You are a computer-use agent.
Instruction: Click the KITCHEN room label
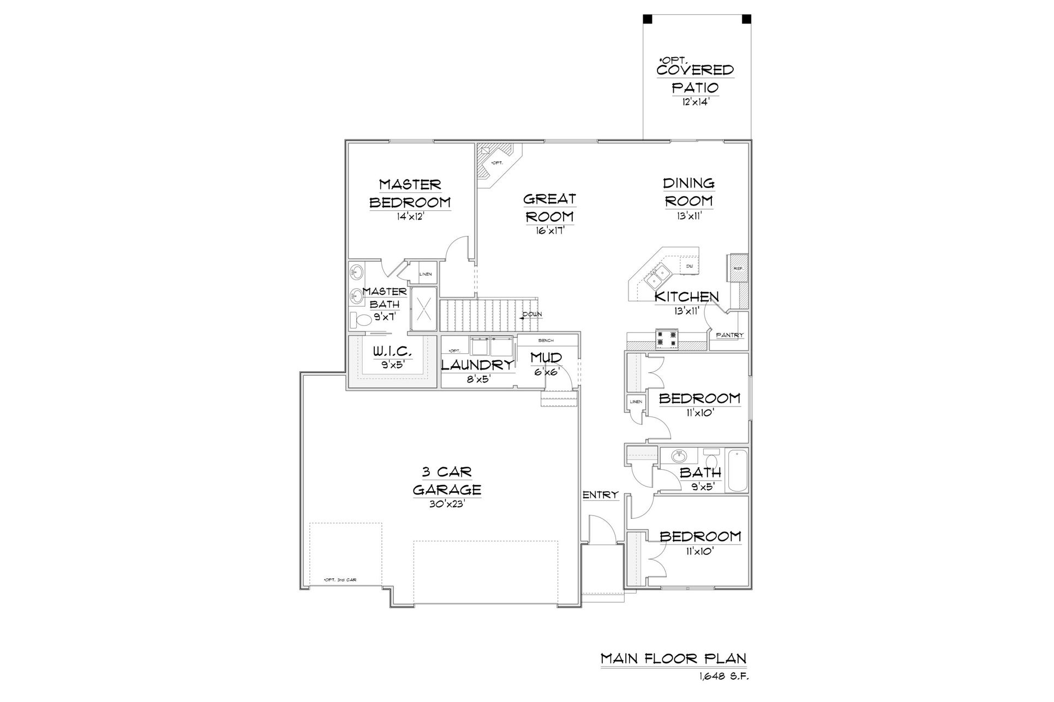click(x=686, y=297)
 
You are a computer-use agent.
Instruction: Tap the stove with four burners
click(x=667, y=338)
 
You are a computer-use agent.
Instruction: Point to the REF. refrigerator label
click(x=739, y=269)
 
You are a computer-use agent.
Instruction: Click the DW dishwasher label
click(x=690, y=266)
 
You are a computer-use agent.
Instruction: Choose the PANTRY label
click(x=730, y=335)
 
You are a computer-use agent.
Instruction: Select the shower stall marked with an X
click(x=424, y=308)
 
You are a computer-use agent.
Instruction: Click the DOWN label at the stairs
click(x=532, y=315)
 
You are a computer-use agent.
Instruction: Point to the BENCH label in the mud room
click(x=546, y=340)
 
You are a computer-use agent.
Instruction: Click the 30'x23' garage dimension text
click(x=446, y=504)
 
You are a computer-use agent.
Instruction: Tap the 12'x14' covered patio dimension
click(x=695, y=102)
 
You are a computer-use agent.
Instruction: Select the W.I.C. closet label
click(x=392, y=352)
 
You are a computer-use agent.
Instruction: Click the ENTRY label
click(x=601, y=495)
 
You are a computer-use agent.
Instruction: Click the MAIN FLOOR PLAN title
click(x=674, y=658)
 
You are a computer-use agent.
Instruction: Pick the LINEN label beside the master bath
click(x=425, y=274)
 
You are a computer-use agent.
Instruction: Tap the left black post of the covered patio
click(x=648, y=19)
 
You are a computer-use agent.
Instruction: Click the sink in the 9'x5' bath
click(x=679, y=456)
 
